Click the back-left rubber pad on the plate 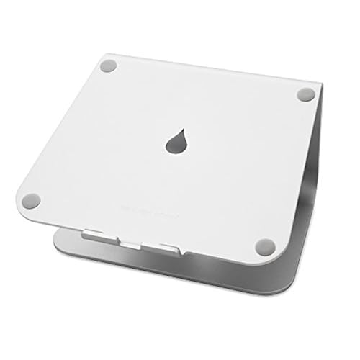click(x=109, y=66)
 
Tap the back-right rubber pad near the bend click(x=305, y=94)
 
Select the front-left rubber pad click(x=31, y=200)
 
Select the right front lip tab click(x=168, y=248)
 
